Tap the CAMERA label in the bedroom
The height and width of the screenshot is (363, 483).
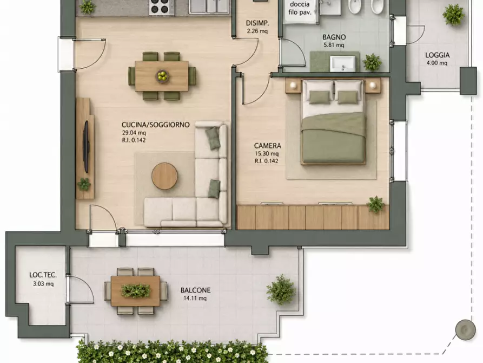pyautogui.click(x=267, y=146)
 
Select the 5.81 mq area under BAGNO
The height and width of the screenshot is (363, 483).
pyautogui.click(x=334, y=45)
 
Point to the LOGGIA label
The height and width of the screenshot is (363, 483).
pyautogui.click(x=437, y=55)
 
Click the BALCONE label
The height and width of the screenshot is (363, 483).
pyautogui.click(x=195, y=290)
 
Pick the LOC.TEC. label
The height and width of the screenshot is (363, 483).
pyautogui.click(x=43, y=275)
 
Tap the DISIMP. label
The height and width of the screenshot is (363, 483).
pyautogui.click(x=257, y=23)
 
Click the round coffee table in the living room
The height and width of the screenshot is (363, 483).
pyautogui.click(x=164, y=176)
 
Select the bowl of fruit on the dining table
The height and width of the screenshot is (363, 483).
pyautogui.click(x=162, y=76)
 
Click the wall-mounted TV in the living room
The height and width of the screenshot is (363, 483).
pyautogui.click(x=87, y=147)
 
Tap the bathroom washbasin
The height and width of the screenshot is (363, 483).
pyautogui.click(x=342, y=63)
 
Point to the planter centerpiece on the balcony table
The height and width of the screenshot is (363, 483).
pyautogui.click(x=136, y=290)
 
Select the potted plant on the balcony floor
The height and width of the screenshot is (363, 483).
pyautogui.click(x=281, y=289)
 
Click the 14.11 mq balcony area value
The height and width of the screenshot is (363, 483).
pyautogui.click(x=195, y=299)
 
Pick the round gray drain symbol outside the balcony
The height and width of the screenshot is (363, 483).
pyautogui.click(x=465, y=330)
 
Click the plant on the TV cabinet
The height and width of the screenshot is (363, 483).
pyautogui.click(x=84, y=184)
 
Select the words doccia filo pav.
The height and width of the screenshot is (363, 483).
pyautogui.click(x=300, y=9)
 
